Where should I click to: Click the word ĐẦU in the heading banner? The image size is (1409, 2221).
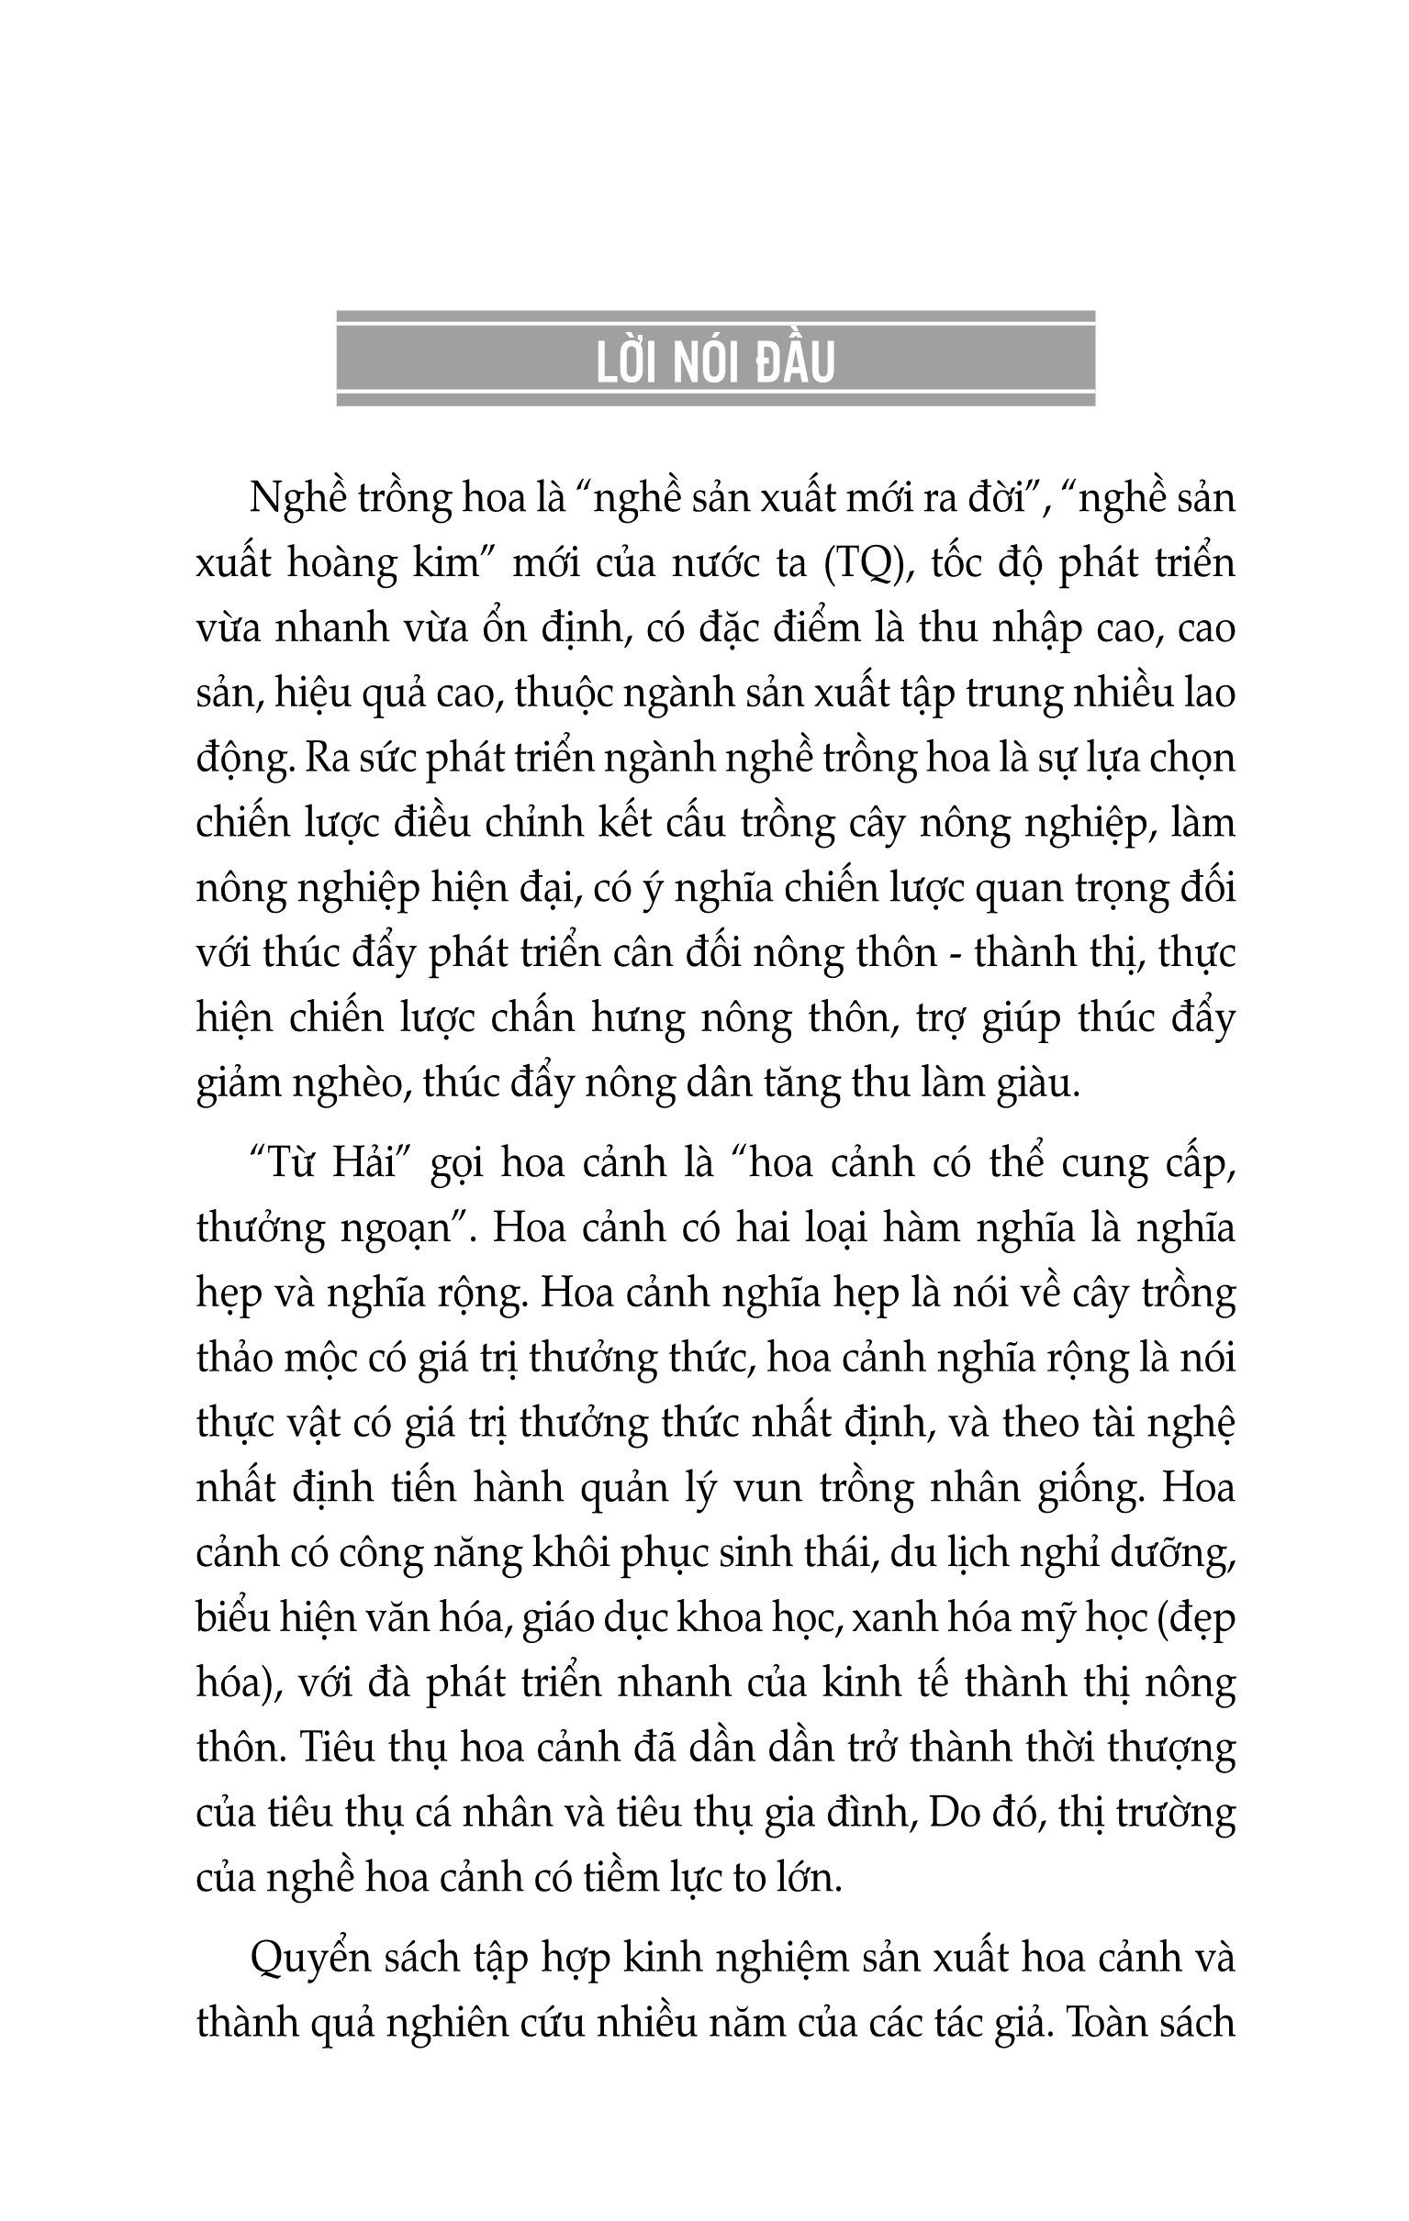(x=796, y=362)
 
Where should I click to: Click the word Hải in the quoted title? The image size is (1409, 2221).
(x=360, y=1163)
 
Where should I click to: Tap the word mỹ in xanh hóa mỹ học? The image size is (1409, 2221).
(x=1047, y=1619)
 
